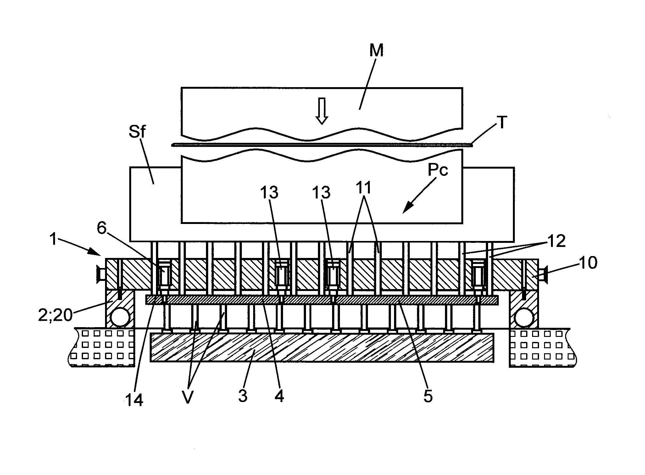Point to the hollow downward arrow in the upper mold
(x=321, y=111)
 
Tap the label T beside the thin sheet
(x=502, y=123)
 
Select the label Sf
(x=137, y=132)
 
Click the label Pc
(x=437, y=170)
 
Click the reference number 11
(x=364, y=188)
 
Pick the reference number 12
(x=557, y=241)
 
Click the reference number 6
(x=102, y=229)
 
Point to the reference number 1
(x=54, y=240)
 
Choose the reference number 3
(x=243, y=396)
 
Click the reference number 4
(x=279, y=396)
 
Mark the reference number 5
(x=428, y=396)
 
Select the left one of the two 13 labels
(x=270, y=192)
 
